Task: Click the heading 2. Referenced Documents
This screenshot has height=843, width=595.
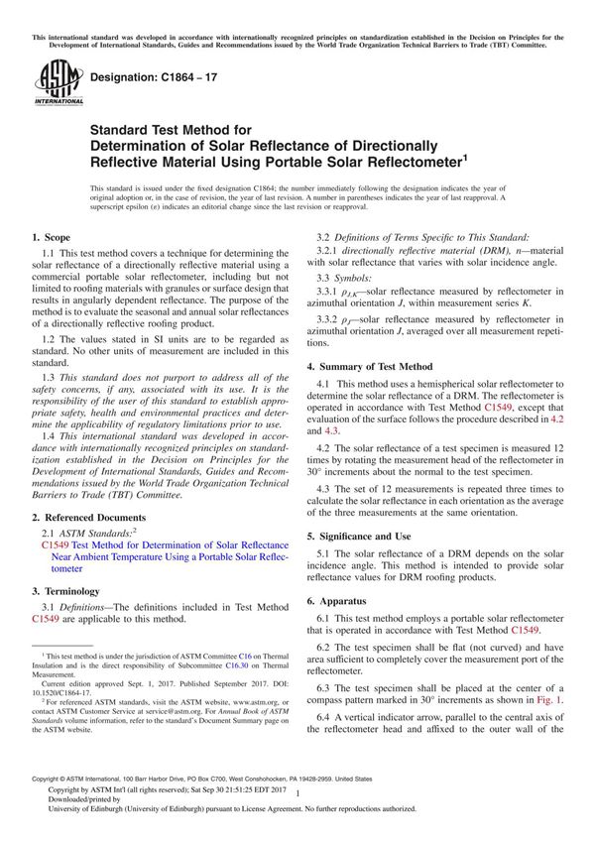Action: click(x=90, y=518)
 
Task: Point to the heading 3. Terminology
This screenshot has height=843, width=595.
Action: click(x=66, y=589)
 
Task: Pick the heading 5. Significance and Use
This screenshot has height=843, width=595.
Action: click(x=366, y=537)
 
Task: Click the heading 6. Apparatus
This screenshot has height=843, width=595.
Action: click(x=337, y=601)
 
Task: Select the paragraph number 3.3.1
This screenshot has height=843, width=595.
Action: click(x=330, y=291)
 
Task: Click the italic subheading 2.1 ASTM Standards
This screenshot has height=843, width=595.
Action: click(x=94, y=534)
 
